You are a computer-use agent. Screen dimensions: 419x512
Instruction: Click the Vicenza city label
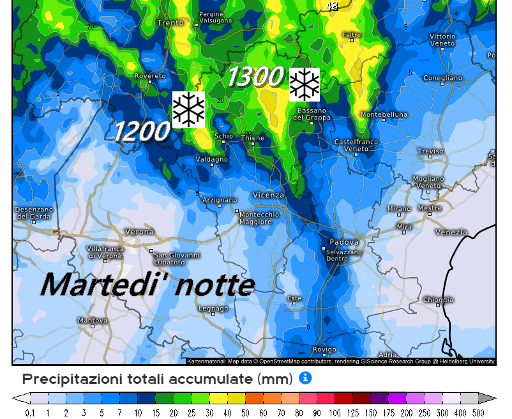click(x=268, y=195)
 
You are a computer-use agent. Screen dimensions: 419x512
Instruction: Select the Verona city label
click(x=139, y=231)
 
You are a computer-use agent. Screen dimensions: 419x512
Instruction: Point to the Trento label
click(x=170, y=23)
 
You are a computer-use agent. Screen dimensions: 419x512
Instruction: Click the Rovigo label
click(x=324, y=349)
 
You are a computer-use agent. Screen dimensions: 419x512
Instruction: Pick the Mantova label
click(x=92, y=320)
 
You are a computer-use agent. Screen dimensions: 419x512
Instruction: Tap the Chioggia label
click(x=438, y=300)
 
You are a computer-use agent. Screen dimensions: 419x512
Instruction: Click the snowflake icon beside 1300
click(x=305, y=84)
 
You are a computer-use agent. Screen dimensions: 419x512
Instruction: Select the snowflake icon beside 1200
click(x=188, y=109)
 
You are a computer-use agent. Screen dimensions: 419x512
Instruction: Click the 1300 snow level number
click(x=255, y=77)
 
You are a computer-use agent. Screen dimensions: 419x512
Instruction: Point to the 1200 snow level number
click(x=142, y=132)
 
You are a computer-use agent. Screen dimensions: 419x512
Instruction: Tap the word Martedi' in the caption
click(x=100, y=284)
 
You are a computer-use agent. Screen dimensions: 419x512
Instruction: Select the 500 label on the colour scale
click(x=478, y=413)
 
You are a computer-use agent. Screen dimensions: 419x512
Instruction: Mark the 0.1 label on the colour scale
click(x=30, y=413)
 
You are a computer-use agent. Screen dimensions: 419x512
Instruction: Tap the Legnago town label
click(x=213, y=309)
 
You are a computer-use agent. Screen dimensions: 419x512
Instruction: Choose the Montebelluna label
click(x=384, y=114)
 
